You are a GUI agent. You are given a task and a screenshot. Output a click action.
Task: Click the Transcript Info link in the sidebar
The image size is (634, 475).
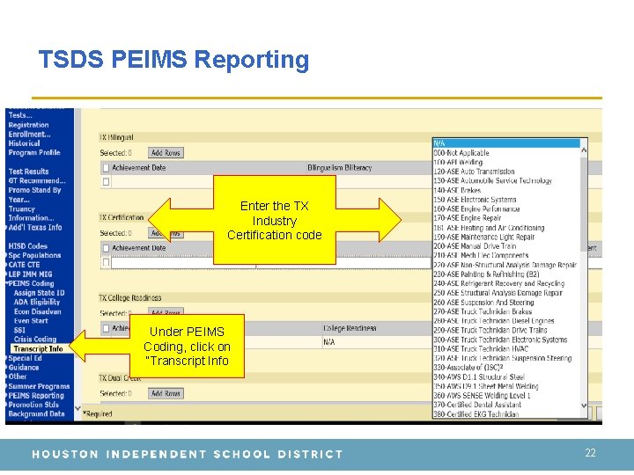(38, 348)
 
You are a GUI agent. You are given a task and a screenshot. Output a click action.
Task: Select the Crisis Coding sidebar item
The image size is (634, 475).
(35, 340)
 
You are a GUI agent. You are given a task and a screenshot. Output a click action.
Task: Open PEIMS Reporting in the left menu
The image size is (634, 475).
(36, 395)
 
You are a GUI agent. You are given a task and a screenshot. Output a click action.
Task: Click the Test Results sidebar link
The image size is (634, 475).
(29, 172)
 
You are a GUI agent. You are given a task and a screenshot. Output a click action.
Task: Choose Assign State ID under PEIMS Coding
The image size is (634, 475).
(39, 293)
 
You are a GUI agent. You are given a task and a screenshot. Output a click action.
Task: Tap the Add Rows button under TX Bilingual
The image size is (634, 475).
(166, 153)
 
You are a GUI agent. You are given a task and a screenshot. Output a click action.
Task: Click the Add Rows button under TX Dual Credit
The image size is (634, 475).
(166, 393)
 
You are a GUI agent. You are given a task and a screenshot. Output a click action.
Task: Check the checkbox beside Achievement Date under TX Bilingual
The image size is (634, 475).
(106, 167)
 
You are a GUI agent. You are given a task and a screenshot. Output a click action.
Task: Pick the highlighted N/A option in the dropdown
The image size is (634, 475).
(509, 142)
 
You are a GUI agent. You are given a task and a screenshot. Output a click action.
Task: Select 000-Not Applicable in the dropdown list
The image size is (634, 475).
(461, 152)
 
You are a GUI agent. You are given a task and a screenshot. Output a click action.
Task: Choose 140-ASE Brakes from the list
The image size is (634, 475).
(457, 190)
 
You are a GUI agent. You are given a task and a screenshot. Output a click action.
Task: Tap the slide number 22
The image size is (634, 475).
(590, 452)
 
